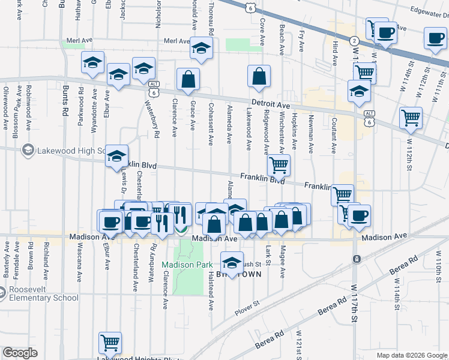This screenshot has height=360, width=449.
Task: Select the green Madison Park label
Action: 186,265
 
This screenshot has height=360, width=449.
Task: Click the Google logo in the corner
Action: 20,353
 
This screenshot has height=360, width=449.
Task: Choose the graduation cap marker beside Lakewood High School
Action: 117,156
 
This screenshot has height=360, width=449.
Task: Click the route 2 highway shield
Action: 355,41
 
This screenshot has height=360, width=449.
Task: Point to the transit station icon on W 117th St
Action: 357,259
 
